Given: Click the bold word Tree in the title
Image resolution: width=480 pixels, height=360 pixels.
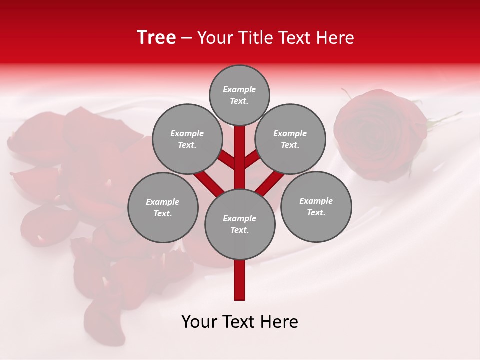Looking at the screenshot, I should tap(156, 37).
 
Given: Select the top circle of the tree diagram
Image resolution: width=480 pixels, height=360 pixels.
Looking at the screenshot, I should tap(239, 95).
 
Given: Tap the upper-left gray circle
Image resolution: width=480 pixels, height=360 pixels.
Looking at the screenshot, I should tap(187, 139).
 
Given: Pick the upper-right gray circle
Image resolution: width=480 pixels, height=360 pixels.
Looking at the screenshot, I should tap(290, 139).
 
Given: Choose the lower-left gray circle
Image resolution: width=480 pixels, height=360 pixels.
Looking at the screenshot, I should tap(163, 207).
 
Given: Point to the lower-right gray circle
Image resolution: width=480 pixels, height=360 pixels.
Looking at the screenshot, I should tap(316, 206).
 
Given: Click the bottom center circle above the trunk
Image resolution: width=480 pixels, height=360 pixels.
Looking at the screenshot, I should tap(240, 224).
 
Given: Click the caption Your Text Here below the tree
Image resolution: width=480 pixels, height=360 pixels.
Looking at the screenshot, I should tap(240, 322).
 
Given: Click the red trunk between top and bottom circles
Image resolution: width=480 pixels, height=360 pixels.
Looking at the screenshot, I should tap(240, 157).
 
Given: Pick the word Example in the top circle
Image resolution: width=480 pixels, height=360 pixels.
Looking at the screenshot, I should tap(239, 89).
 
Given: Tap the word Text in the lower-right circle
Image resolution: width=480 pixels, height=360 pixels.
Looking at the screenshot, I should tap(316, 212).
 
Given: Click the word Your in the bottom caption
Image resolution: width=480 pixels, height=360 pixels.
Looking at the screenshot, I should tap(200, 322).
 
